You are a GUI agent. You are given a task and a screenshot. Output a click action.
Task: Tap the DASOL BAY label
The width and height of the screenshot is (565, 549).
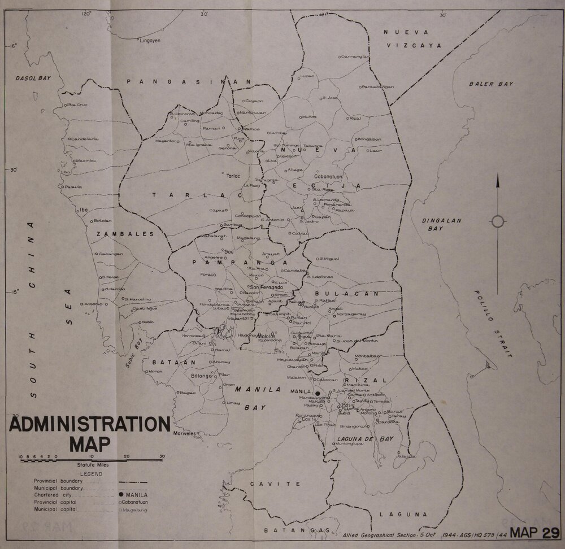coord(33,80)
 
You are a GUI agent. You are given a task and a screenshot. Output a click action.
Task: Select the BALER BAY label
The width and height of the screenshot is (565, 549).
coord(491,84)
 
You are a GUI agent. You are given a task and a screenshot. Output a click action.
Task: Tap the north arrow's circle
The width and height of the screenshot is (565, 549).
coord(498,221)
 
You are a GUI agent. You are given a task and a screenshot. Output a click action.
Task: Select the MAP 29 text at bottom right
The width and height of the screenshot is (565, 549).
coord(534,532)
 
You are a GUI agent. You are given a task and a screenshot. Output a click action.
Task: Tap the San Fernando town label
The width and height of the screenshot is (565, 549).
coord(273,287)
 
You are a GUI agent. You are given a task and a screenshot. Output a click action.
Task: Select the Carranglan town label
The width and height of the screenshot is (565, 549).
coord(355,56)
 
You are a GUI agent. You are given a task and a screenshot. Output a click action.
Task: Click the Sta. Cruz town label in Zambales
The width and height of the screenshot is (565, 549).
coord(79,104)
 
